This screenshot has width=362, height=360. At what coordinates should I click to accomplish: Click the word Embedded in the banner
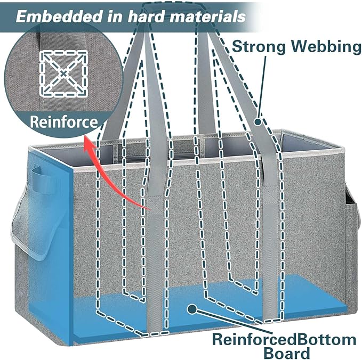pos(59,17)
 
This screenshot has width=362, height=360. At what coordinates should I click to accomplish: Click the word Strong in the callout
pos(259,47)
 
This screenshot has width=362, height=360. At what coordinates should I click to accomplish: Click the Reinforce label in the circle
pos(64,121)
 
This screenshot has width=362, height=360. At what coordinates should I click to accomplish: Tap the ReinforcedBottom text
pos(284,340)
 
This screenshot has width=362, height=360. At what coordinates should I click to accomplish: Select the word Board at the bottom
pos(286,353)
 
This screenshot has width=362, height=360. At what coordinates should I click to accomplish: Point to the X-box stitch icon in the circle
pos(63,73)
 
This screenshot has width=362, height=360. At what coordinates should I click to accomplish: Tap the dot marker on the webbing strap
pos(258,122)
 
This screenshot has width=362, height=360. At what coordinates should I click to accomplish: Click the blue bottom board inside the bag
pos(208,307)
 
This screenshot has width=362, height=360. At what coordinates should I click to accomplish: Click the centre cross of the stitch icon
pos(63,73)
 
